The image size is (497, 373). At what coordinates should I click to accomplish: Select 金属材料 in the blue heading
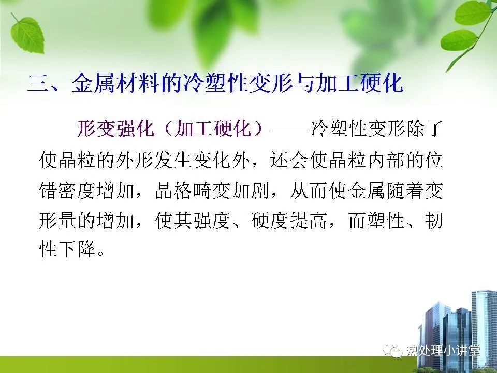[x=115, y=83]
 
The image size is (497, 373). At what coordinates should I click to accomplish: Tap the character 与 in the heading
[x=304, y=83]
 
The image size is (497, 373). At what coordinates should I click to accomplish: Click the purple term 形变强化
[x=115, y=128]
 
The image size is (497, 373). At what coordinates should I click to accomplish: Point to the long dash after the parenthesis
[x=291, y=130]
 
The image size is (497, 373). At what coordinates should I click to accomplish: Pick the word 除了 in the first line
[x=424, y=128]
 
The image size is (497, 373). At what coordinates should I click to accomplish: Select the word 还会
[x=289, y=159]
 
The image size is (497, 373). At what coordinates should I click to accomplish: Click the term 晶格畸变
[x=193, y=190]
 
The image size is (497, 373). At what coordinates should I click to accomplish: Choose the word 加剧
[x=251, y=190]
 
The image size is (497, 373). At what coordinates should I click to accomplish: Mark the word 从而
[x=309, y=190]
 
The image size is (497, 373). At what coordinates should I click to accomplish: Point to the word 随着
[x=405, y=190]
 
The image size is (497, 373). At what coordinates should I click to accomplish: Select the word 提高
[x=309, y=221]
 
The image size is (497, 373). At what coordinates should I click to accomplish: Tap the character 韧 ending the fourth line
[x=433, y=221]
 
